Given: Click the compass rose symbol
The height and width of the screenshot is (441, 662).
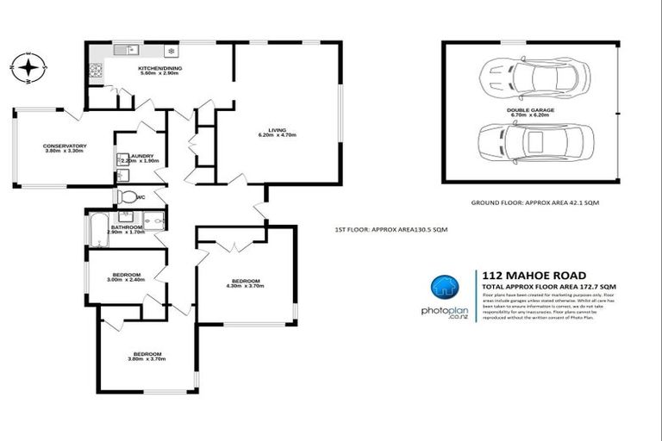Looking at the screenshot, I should pyautogui.click(x=29, y=66).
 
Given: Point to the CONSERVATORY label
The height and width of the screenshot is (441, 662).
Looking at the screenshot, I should pyautogui.click(x=65, y=146).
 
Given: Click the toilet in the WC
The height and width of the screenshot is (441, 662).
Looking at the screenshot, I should pyautogui.click(x=128, y=197).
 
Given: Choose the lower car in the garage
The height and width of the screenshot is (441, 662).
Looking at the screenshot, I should pyautogui.click(x=534, y=140).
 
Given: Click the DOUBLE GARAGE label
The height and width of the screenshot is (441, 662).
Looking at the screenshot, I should pyautogui.click(x=530, y=110).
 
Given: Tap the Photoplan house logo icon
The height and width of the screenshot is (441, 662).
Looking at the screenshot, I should pyautogui.click(x=445, y=287).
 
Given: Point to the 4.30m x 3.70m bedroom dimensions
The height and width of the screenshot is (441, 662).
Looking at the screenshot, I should pyautogui.click(x=246, y=287).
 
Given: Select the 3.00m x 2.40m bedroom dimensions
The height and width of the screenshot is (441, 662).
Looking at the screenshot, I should pyautogui.click(x=127, y=279).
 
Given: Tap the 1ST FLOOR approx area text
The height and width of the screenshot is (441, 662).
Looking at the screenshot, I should pyautogui.click(x=390, y=229).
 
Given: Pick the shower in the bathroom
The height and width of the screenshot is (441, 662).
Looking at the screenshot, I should pyautogui.click(x=155, y=223).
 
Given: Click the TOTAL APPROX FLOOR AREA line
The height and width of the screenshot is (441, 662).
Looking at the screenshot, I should pyautogui.click(x=549, y=286).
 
